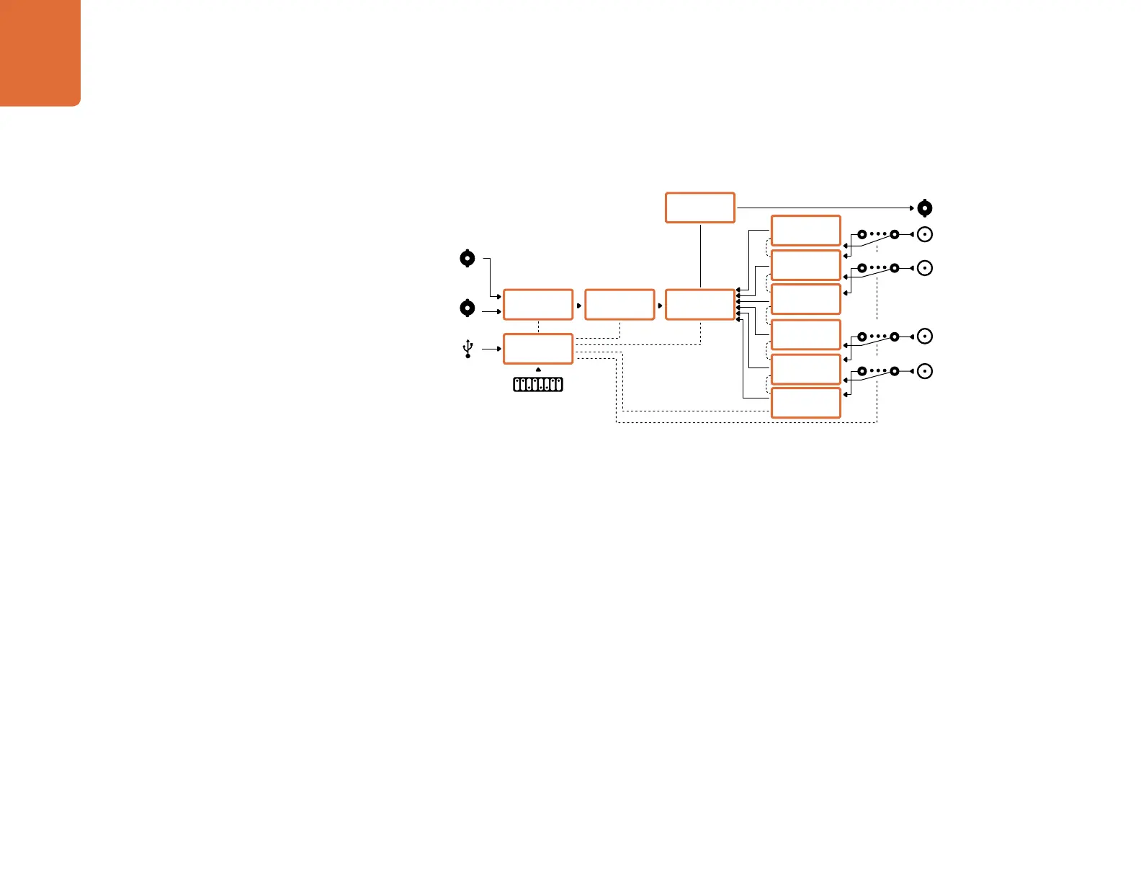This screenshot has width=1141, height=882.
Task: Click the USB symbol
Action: [468, 349]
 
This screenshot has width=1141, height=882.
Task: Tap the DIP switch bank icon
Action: [538, 384]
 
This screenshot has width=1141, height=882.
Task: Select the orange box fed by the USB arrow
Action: [538, 349]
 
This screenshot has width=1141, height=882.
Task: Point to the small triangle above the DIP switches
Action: [538, 370]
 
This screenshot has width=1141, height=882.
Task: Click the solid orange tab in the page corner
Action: [40, 52]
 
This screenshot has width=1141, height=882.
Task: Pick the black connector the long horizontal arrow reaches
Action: [925, 208]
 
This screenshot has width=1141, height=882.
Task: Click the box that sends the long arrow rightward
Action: [699, 208]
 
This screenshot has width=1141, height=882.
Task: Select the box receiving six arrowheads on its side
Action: [699, 304]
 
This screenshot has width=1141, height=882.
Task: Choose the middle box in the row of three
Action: [619, 304]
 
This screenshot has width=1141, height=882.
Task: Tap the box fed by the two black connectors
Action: [538, 304]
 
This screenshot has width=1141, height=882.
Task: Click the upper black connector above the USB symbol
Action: [467, 258]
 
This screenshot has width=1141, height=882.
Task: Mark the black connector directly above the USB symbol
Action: [467, 308]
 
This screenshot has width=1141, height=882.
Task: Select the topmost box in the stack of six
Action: [805, 231]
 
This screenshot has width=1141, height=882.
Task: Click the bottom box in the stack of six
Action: [805, 403]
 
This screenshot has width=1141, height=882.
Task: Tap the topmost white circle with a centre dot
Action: [925, 234]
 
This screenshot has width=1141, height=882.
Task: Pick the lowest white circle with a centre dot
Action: [925, 371]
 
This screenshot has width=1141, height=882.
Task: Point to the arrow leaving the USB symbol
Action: [491, 349]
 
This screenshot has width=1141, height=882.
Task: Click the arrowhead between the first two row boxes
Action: [579, 305]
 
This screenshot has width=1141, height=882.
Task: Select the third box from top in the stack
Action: [805, 299]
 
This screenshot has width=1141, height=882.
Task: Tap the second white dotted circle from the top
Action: [925, 268]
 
